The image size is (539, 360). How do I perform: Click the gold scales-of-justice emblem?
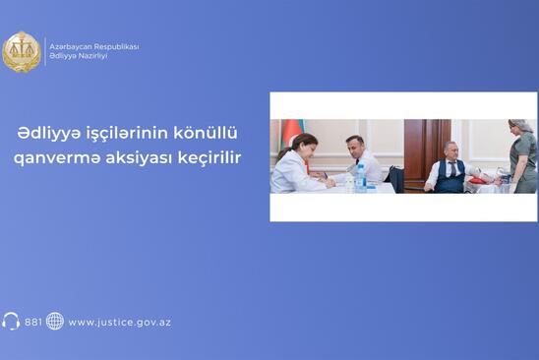pos(22,51)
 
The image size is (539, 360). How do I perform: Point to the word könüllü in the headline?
pos(206,134)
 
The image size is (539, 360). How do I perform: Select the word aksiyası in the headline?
pos(139,158)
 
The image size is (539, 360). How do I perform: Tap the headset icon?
pos(11,321)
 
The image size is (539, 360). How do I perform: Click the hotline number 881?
pos(33,323)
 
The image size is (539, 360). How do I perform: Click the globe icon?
pos(55,321)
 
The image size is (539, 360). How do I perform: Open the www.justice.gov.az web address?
pos(120,323)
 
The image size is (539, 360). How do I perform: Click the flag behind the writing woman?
pos(293,134)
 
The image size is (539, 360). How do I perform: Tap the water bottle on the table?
pos(360,178)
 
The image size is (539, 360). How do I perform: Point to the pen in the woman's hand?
pos(325,175)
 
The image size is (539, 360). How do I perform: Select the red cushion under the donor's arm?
pos(477,181)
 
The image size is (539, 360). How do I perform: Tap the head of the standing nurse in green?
pos(520,127)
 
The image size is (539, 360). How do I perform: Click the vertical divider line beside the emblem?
pos(45,51)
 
